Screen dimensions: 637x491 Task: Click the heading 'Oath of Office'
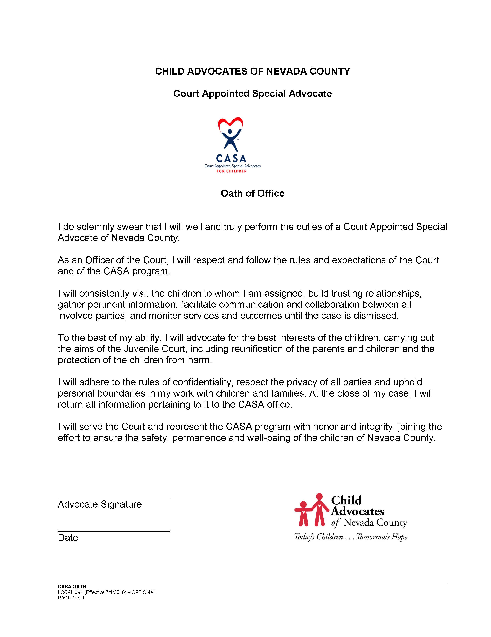252,193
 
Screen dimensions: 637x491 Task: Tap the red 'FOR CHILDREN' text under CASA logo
231,171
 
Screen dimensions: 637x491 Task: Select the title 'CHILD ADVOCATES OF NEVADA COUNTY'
252,71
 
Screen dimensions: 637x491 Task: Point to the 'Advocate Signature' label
100,504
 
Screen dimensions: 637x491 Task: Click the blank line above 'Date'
114,531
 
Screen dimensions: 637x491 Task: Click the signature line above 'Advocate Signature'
114,498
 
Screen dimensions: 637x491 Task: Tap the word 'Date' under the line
68,537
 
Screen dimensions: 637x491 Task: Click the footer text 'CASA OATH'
72,587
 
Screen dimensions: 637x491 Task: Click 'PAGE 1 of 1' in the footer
71,598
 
